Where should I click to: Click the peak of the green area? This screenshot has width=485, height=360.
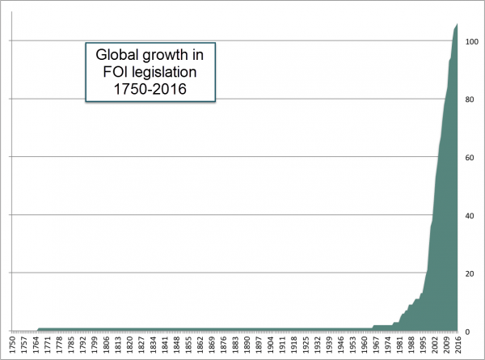click(x=457, y=25)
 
